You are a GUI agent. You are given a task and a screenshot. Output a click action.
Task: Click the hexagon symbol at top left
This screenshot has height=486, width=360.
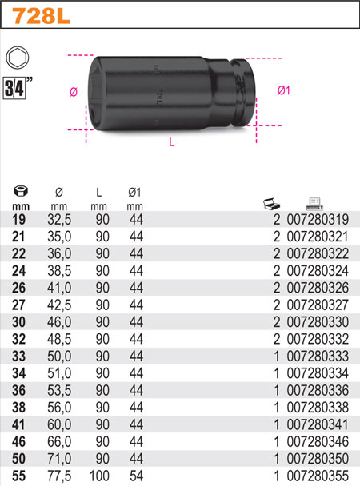[15, 58]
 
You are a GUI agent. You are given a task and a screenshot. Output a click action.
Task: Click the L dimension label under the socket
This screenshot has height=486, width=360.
[172, 142]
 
